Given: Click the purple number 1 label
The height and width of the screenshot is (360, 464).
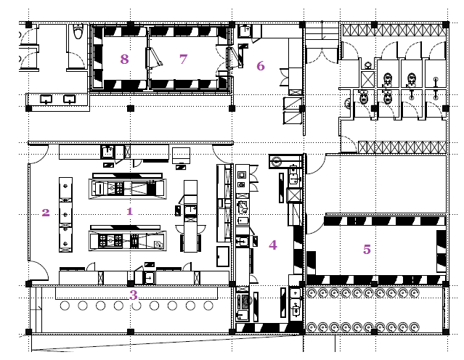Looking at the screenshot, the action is pos(129,211).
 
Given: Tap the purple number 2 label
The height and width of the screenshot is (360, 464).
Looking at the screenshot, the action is pos(46,213).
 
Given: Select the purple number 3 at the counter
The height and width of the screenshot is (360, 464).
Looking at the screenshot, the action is pos(134,295).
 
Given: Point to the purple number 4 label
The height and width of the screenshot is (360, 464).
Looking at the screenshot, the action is pos(273,245).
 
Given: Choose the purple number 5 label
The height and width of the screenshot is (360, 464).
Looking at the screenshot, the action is pos(367,250).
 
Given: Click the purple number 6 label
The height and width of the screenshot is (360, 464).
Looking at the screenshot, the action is pos(261,65).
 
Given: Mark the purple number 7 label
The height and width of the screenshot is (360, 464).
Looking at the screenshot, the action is pos(184,60).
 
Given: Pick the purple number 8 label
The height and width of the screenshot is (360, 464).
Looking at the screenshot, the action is pos(125,60).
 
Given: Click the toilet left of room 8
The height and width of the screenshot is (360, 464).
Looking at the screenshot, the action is pos(78,32).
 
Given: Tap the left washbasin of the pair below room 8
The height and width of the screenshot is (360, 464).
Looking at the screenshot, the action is pos(46,99).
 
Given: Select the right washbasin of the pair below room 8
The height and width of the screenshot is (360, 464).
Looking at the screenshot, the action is pos(70,99).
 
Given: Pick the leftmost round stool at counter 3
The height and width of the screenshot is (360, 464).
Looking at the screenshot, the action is pos(65,306).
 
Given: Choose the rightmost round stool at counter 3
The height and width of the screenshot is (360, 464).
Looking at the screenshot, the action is pos(208,306).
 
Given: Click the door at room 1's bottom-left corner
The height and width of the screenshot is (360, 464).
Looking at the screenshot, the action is pos(38,271).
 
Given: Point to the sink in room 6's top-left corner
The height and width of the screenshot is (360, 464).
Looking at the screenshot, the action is pos(245,30).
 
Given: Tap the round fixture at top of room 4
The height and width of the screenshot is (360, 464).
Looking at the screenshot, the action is pos(277,162).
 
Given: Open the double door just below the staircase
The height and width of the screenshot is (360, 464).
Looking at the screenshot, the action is pos(322,56).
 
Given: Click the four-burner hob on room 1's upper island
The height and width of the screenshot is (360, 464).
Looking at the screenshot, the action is pos(119,188).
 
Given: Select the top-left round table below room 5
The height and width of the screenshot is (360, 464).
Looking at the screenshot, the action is pos(312,293).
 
